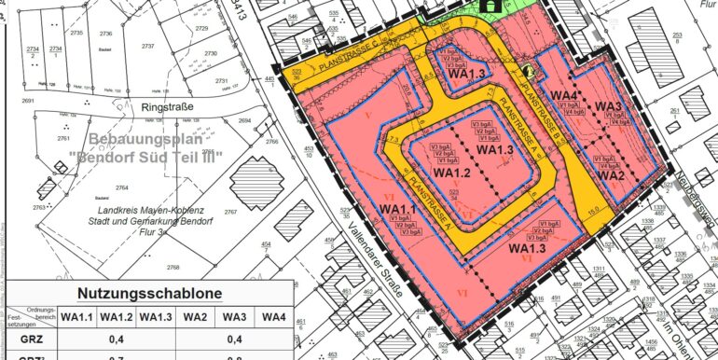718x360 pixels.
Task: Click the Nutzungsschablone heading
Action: [149, 293]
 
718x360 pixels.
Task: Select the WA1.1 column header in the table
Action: [77, 317]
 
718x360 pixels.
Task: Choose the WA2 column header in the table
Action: [195, 317]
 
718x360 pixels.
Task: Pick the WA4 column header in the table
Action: [273, 317]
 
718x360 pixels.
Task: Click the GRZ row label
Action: [32, 339]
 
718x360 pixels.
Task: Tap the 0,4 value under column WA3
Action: [234, 339]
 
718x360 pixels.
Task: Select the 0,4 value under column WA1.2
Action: [117, 339]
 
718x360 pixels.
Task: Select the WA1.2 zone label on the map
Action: [451, 173]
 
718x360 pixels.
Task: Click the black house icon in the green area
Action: [489, 6]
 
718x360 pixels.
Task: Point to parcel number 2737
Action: [147, 46]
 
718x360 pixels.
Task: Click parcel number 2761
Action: [63, 138]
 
